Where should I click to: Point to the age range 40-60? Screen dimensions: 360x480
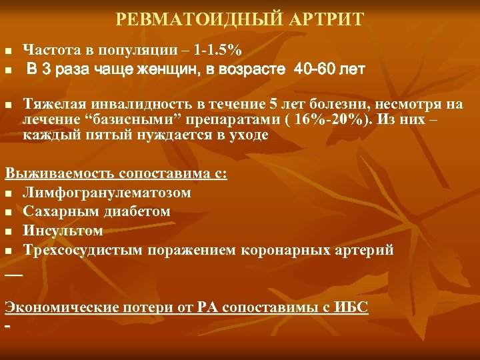coord(313,69)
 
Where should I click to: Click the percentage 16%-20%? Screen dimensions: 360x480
coord(329,119)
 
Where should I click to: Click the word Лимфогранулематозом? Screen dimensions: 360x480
coord(107,193)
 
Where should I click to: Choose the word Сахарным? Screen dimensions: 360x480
coord(55,211)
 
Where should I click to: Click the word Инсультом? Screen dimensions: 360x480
coord(63,231)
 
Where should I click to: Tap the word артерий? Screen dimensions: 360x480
coord(370,250)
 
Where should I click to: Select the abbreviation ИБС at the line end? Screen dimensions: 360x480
coord(354,307)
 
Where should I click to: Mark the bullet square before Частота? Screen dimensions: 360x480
coord(8,51)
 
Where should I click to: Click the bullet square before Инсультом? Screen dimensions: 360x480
coord(8,232)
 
